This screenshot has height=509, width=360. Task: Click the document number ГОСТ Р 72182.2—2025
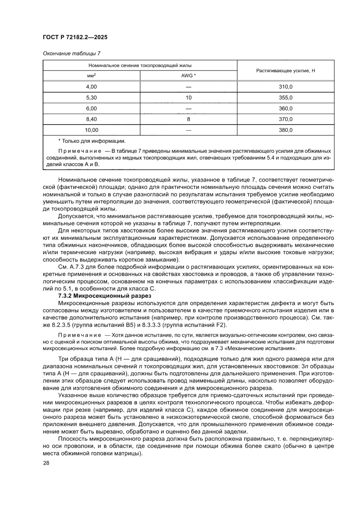click(75, 38)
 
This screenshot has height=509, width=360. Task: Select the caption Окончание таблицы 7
click(72, 54)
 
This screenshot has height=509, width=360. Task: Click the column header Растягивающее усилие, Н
click(286, 70)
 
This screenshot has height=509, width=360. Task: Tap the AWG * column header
click(188, 75)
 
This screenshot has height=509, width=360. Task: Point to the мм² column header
click(91, 75)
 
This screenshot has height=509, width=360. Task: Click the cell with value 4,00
click(91, 87)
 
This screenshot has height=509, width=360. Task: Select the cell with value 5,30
click(91, 98)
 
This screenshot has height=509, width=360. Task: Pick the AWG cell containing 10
click(188, 98)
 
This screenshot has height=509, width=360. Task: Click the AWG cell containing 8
click(188, 119)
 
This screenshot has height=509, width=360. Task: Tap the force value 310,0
click(286, 87)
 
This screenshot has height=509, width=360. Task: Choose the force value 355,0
click(286, 98)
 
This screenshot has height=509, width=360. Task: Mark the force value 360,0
click(286, 108)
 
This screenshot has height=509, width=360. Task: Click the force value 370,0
click(286, 119)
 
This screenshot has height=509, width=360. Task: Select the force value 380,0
click(286, 130)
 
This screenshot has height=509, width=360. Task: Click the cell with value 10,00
click(91, 130)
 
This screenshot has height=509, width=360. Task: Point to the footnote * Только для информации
click(91, 141)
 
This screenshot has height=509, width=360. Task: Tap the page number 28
click(46, 463)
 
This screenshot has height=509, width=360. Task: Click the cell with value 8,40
click(91, 119)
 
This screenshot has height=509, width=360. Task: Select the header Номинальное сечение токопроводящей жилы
click(140, 65)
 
